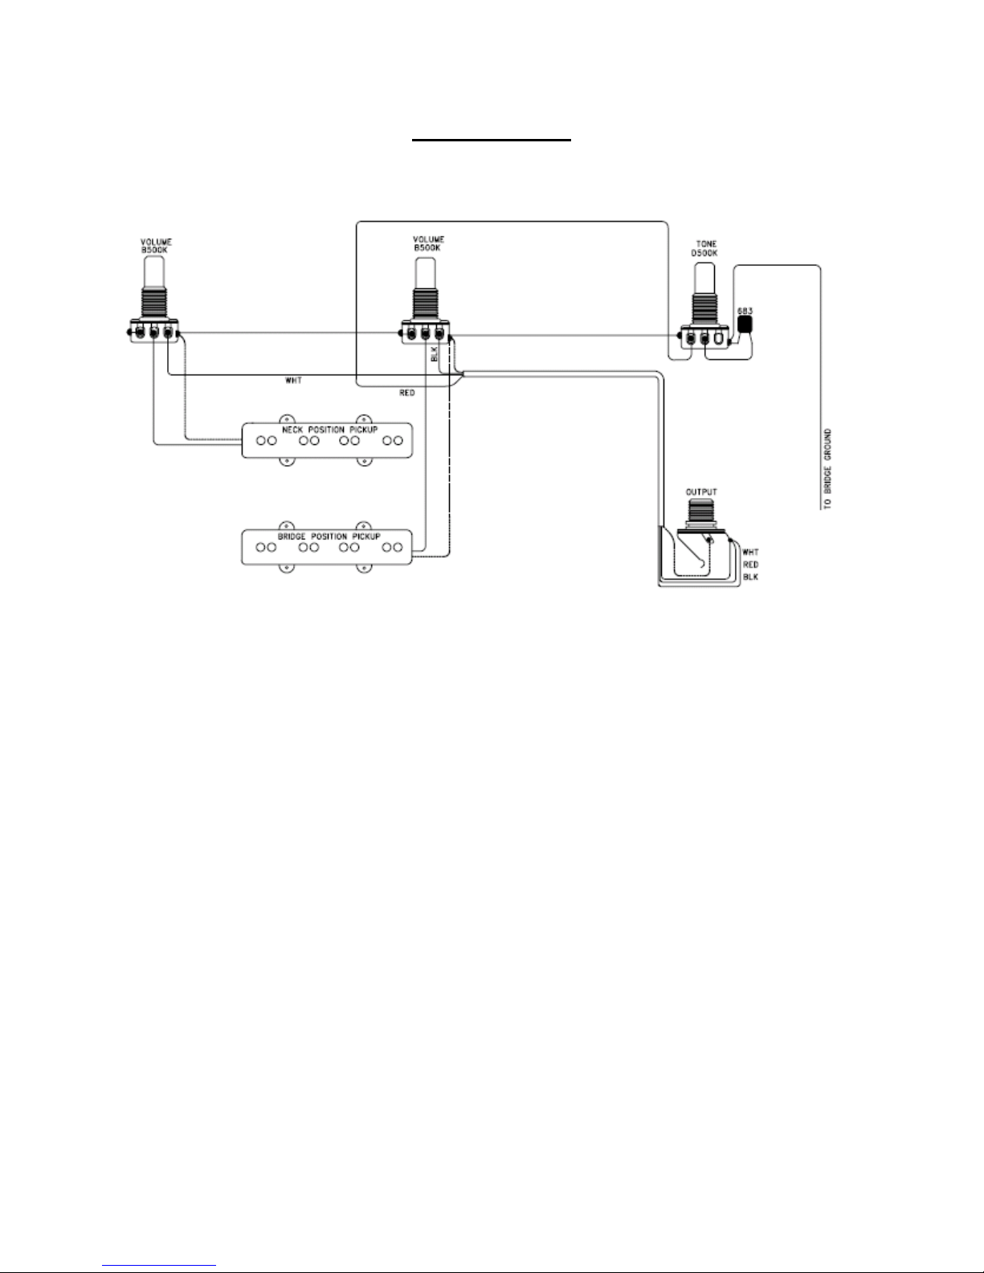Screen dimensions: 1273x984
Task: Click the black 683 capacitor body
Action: (745, 324)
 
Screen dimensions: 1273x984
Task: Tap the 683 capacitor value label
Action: (745, 310)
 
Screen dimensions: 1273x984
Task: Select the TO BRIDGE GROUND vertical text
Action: (827, 469)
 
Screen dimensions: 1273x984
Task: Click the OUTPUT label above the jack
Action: (701, 492)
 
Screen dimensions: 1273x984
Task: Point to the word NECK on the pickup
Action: (292, 430)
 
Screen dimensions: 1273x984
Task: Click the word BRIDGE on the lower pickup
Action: (291, 536)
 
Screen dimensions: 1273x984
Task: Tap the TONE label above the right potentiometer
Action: (707, 244)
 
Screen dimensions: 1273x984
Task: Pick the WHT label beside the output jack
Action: (750, 553)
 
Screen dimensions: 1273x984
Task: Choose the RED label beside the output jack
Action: (750, 565)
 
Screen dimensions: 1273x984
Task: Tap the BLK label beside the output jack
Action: (750, 577)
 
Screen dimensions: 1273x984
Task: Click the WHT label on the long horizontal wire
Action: (293, 381)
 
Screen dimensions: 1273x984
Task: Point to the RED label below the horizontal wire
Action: (406, 394)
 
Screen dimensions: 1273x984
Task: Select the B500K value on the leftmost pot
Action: (157, 249)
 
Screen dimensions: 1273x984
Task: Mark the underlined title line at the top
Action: (492, 139)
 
